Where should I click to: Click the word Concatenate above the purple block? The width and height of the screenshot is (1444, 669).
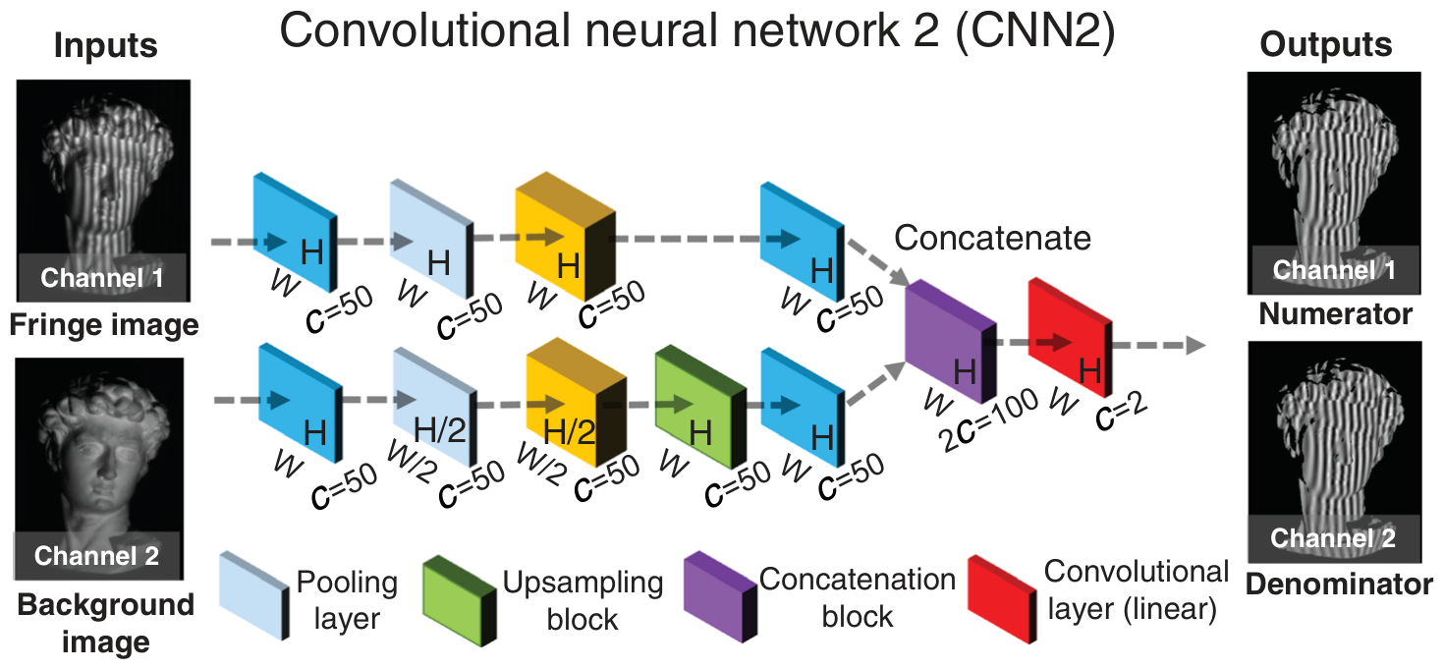(992, 238)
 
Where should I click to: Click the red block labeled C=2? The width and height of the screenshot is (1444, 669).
(1070, 338)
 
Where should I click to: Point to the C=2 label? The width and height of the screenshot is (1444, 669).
(1121, 412)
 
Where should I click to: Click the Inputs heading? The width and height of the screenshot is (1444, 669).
(106, 46)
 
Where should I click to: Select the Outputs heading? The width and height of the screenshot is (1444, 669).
(1326, 45)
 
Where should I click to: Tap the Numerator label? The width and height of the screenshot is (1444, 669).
(1335, 314)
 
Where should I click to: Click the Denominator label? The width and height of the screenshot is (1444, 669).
(1338, 585)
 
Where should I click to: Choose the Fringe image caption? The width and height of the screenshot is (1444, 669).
(104, 324)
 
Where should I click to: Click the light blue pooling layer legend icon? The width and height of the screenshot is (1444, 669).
(254, 595)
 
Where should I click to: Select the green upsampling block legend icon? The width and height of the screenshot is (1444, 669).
(460, 600)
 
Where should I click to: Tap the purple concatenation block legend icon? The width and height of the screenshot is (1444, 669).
(721, 597)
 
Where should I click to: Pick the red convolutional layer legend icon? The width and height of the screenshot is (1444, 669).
(1003, 598)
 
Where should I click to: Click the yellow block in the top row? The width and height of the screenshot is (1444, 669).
(566, 237)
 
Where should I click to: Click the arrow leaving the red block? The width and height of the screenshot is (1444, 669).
(1158, 346)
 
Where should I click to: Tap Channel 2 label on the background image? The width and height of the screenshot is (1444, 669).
(96, 556)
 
